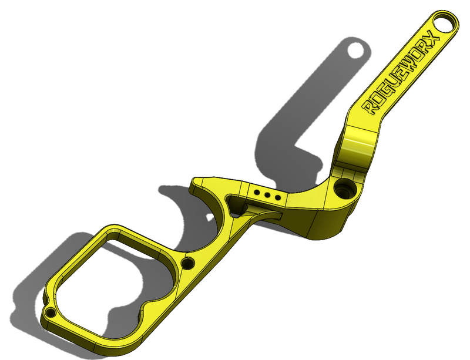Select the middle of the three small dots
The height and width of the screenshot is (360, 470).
click(x=267, y=195)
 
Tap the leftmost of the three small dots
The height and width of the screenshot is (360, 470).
click(x=257, y=192)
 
